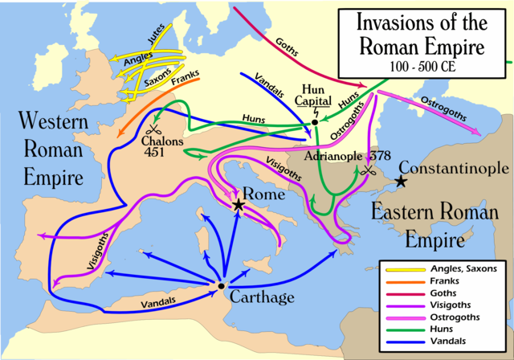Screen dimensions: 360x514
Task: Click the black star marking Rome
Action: tap(239, 206)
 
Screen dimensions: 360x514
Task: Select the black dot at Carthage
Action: tap(220, 285)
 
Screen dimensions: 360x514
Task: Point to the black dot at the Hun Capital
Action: tap(315, 122)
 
